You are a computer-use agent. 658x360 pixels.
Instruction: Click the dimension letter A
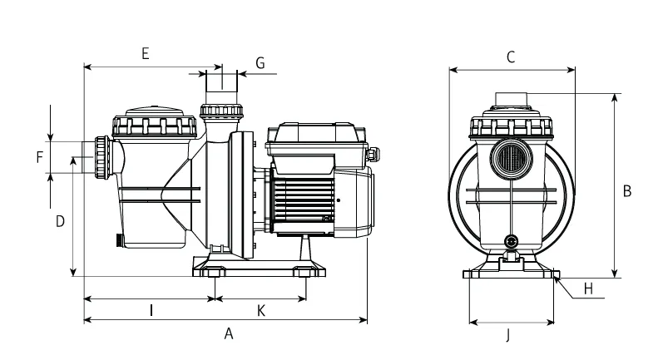229,333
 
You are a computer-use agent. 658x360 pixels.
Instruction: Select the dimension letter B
627,191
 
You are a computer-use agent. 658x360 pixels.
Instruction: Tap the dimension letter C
511,57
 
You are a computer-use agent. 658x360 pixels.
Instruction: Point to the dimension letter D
61,221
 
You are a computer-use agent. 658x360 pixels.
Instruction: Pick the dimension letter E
146,54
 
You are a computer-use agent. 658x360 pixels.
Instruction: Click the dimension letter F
40,157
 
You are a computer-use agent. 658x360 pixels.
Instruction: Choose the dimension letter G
260,63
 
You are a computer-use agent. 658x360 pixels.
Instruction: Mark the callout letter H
588,288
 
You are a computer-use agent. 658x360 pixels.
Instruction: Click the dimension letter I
151,310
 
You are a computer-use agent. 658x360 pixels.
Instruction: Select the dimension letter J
507,335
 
